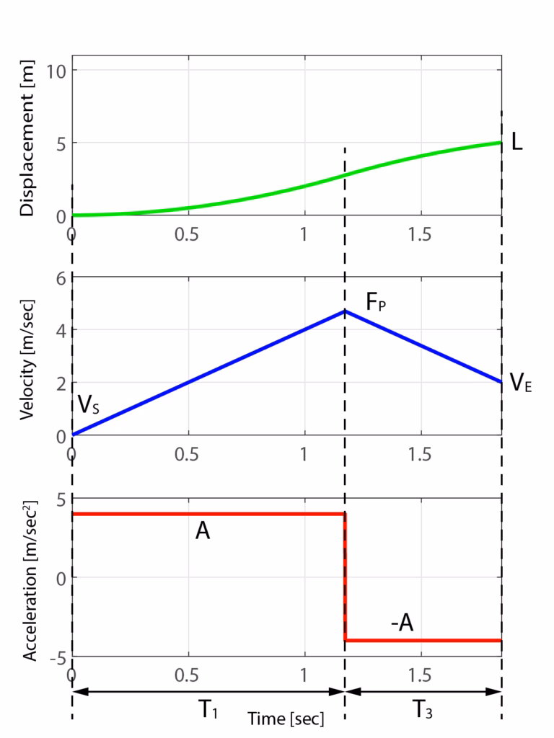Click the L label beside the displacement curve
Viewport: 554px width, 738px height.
pyautogui.click(x=516, y=142)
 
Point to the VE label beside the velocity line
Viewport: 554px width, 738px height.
pyautogui.click(x=521, y=383)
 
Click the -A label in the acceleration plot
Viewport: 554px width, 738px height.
pyautogui.click(x=402, y=622)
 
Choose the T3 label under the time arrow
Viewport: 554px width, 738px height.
pyautogui.click(x=423, y=711)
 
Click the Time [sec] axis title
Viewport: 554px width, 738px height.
pyautogui.click(x=286, y=719)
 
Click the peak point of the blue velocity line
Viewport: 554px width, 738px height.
pyautogui.click(x=345, y=311)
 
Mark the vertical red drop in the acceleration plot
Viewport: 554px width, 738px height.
pyautogui.click(x=346, y=577)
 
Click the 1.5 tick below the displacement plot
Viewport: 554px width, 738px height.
pyautogui.click(x=420, y=235)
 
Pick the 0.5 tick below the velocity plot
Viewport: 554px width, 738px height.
pyautogui.click(x=188, y=455)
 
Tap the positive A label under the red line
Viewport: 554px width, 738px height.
pyautogui.click(x=203, y=532)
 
